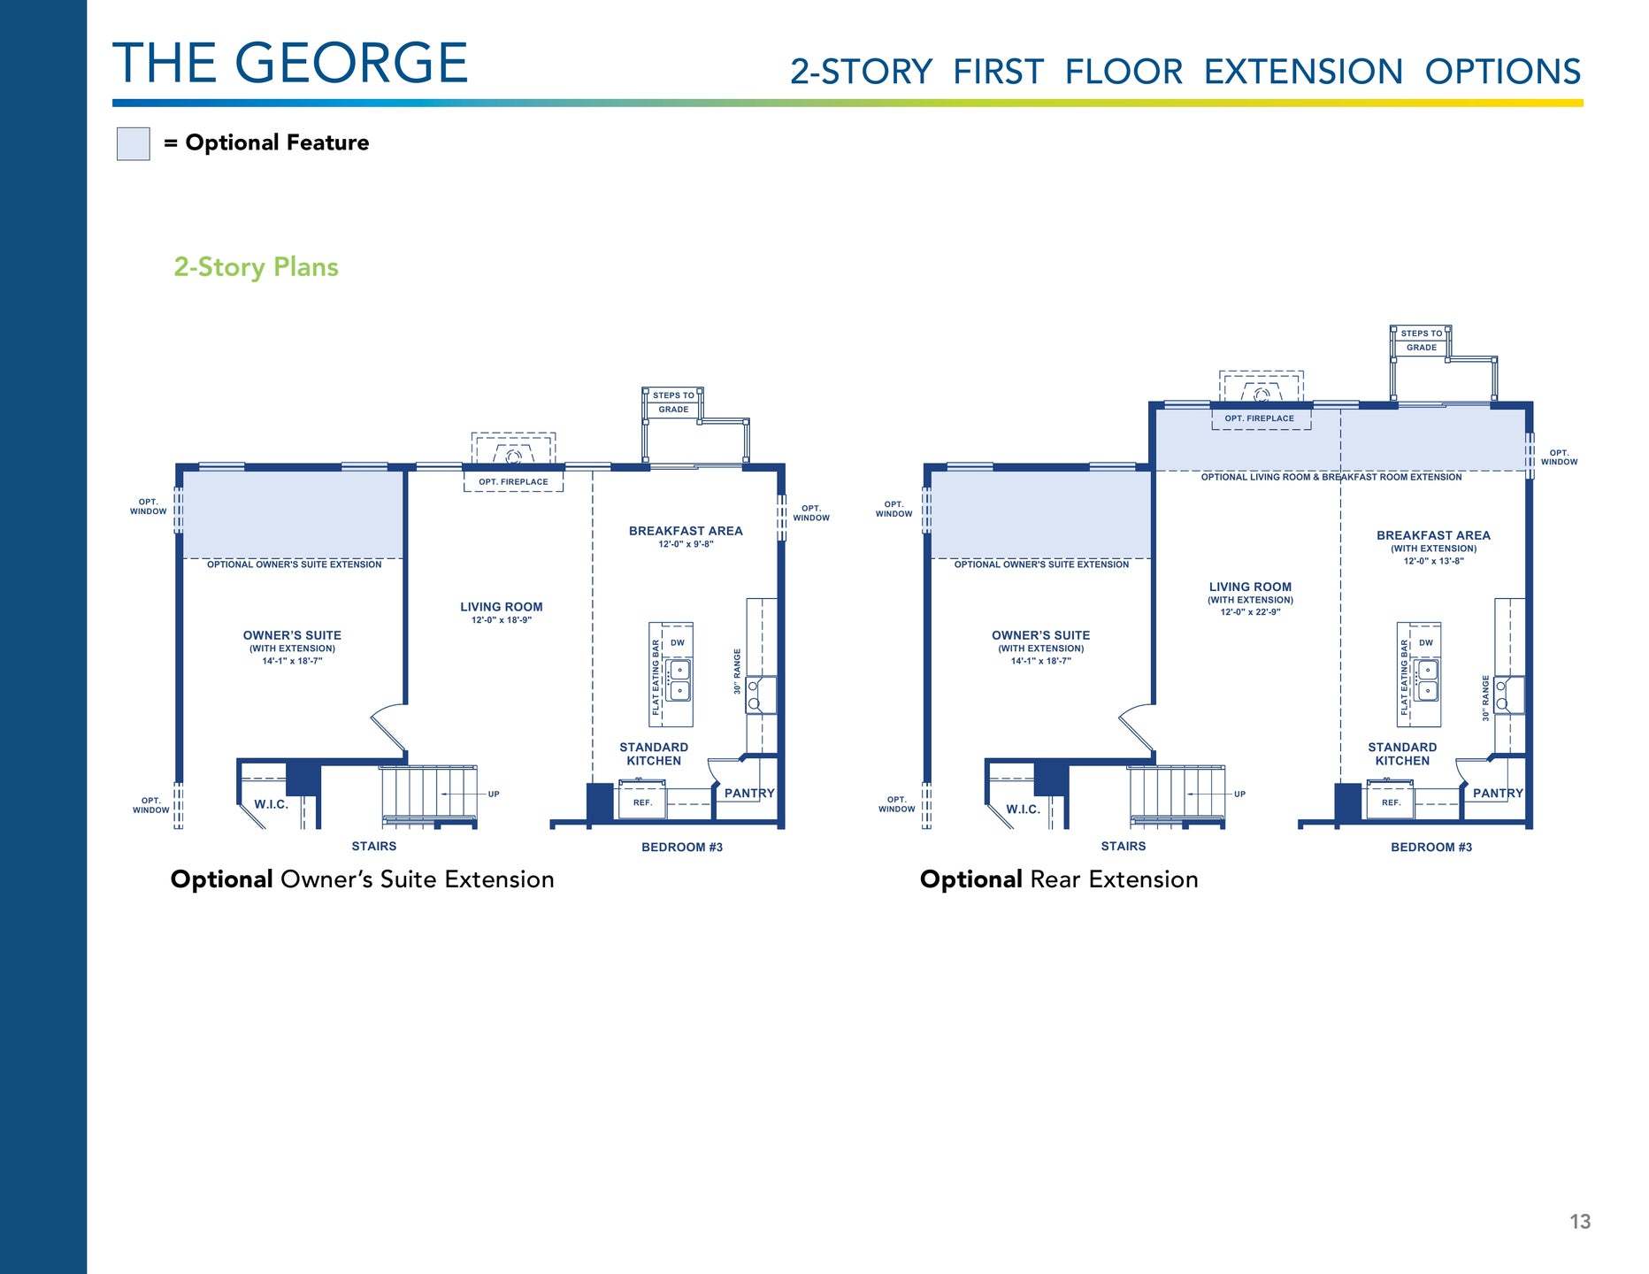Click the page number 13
tap(1580, 1222)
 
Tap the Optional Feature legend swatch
tap(134, 143)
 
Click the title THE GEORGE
tap(290, 63)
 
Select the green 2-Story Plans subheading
tap(256, 267)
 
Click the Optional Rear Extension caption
tap(1059, 879)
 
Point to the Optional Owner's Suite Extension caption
tap(363, 879)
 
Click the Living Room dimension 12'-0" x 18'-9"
tap(502, 620)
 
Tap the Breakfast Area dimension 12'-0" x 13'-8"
tap(1434, 561)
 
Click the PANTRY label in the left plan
tap(749, 794)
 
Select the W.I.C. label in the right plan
tap(1024, 810)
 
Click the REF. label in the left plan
tap(642, 802)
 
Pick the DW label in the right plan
tap(1426, 643)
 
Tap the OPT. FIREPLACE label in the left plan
tap(513, 482)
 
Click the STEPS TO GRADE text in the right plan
tap(1422, 341)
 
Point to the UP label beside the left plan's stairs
tap(494, 794)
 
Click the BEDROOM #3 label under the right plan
tap(1431, 848)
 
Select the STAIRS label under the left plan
tap(374, 847)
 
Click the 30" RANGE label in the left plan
tap(738, 672)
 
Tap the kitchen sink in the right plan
tap(1428, 679)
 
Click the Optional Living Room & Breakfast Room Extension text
tap(1331, 478)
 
